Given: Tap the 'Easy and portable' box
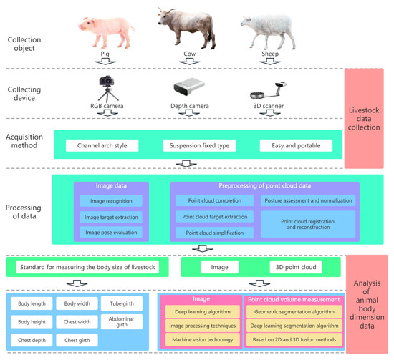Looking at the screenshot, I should point(296,146).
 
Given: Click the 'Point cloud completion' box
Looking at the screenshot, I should point(213,201).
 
